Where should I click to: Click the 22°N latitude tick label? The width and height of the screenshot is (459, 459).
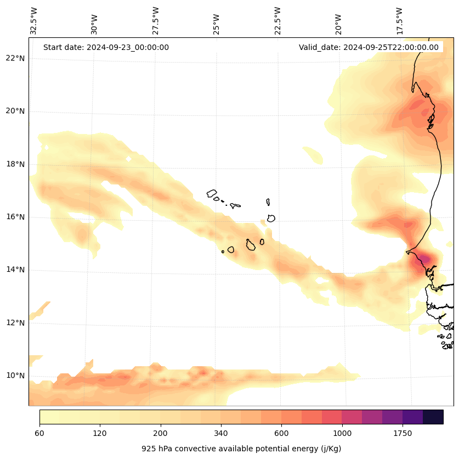click(x=15, y=59)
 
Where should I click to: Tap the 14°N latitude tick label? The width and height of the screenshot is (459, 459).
click(x=15, y=270)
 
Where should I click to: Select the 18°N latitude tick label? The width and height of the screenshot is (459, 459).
click(x=15, y=164)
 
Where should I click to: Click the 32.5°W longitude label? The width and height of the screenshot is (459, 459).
click(x=34, y=21)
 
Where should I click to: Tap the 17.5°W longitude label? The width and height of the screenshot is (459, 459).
click(x=400, y=21)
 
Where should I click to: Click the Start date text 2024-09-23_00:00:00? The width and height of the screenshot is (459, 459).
click(x=106, y=47)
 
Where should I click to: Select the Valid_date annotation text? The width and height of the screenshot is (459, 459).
click(x=369, y=47)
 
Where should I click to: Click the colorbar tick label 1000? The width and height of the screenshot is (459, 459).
click(x=342, y=434)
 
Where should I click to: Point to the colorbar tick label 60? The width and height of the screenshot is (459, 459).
click(x=39, y=434)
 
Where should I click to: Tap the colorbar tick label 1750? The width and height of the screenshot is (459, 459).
click(x=403, y=434)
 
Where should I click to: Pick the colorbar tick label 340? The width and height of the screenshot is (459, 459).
click(x=221, y=434)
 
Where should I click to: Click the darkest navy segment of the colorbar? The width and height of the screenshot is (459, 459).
click(x=433, y=417)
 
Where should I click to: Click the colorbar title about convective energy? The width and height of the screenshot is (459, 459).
click(x=241, y=449)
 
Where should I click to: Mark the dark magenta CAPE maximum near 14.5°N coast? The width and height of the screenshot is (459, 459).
click(x=423, y=258)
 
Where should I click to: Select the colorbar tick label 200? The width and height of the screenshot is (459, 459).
click(x=160, y=434)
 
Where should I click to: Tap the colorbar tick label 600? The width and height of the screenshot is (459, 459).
click(x=281, y=434)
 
